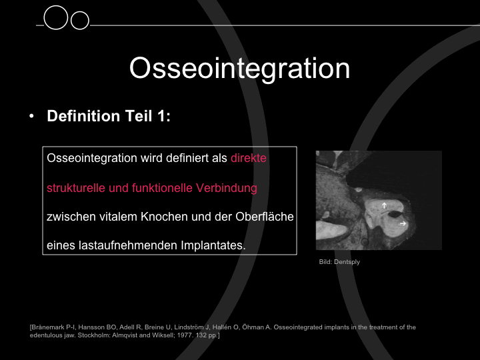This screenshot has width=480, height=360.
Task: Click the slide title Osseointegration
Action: [240, 69]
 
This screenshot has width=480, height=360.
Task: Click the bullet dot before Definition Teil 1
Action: [31, 116]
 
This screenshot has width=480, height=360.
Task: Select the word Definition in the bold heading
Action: [83, 116]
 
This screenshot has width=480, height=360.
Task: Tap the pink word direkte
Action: [248, 158]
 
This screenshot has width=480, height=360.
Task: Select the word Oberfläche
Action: [265, 217]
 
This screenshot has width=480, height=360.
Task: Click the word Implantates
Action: [213, 245]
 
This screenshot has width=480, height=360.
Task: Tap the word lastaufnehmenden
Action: [128, 245]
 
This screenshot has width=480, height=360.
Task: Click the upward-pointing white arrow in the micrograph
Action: [384, 205]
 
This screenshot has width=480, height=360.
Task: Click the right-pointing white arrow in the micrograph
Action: [403, 223]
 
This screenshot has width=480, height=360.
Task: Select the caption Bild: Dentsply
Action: [339, 262]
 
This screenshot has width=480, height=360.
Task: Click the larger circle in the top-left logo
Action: [56, 17]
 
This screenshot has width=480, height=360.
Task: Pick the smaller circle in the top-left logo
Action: [79, 21]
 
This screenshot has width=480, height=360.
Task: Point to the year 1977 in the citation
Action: [184, 335]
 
